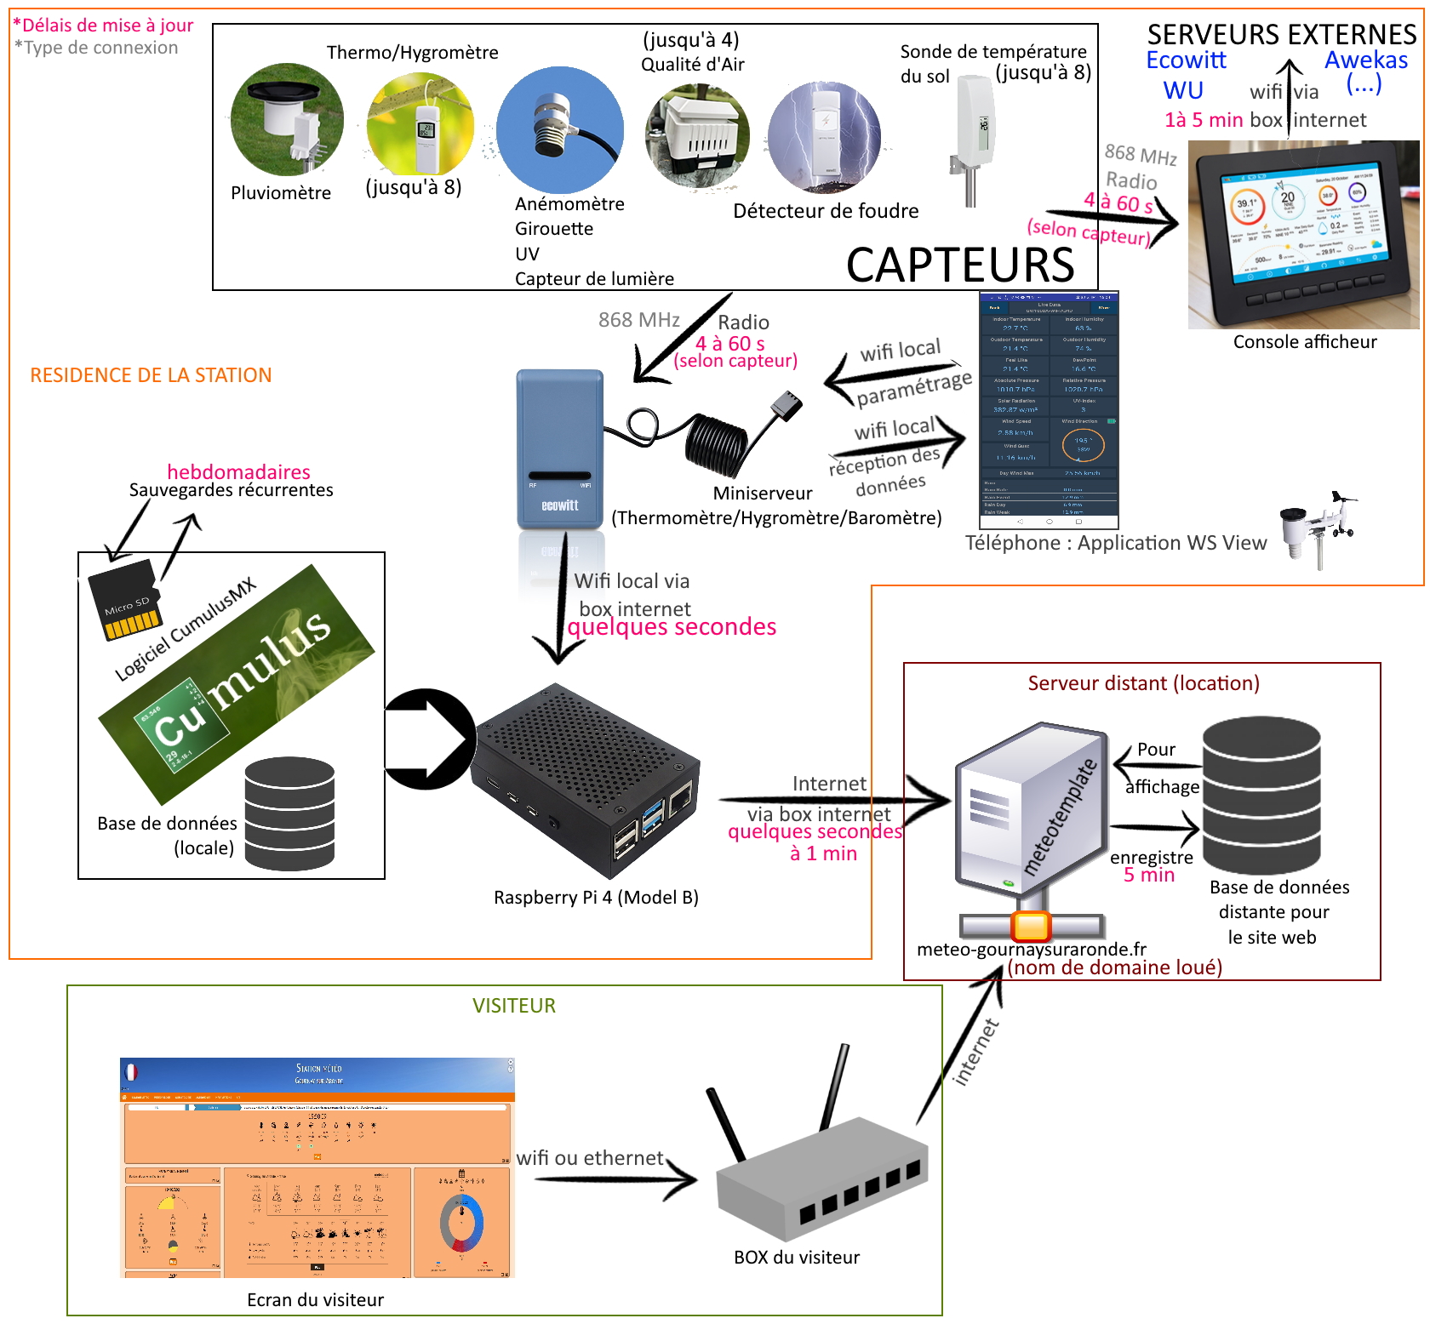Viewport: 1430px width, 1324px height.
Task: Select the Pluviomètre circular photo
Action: tap(287, 119)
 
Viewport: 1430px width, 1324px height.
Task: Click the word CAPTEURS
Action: tap(960, 265)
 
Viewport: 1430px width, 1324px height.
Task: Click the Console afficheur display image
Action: tap(1302, 235)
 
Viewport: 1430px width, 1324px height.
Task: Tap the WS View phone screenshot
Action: tap(1049, 409)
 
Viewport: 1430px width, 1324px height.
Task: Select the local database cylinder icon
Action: tap(289, 813)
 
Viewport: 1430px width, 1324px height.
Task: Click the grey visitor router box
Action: tap(821, 1183)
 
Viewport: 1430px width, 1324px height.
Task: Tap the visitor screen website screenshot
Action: tap(317, 1167)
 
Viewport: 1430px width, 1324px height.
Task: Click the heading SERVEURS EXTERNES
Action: tap(1281, 34)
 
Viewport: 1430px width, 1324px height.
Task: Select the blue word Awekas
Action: tap(1365, 60)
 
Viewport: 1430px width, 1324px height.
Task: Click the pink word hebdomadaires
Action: tap(238, 471)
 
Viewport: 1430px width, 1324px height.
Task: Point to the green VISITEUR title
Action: tap(513, 1005)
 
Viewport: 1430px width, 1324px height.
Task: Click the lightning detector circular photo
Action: tap(824, 136)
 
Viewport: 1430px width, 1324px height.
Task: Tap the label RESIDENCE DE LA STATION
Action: tap(151, 375)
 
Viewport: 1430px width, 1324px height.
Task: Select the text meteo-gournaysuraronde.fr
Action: tap(1031, 949)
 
